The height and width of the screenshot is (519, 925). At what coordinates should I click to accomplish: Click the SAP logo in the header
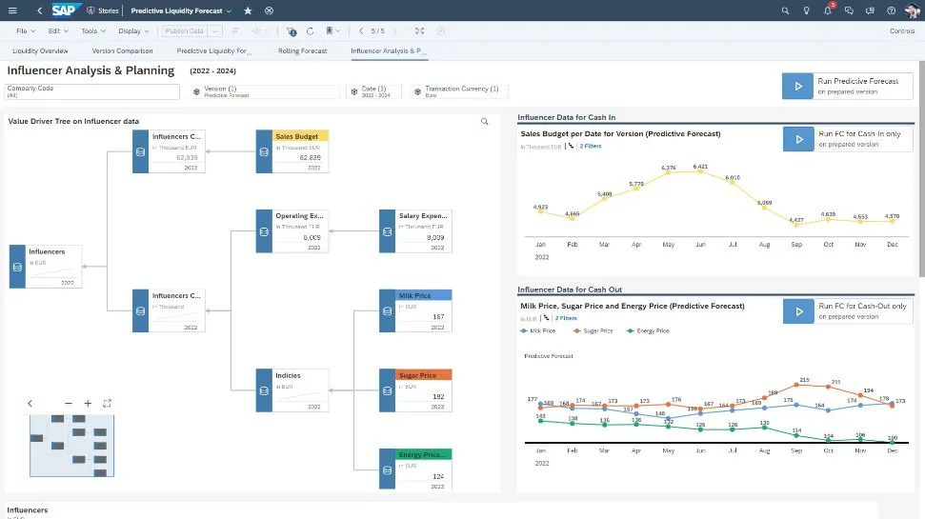click(x=64, y=10)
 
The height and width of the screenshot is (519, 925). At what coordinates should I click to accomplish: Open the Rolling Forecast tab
click(x=302, y=50)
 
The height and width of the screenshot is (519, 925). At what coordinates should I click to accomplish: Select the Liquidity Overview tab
click(x=40, y=50)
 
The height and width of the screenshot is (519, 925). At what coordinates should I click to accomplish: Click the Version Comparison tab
click(x=122, y=50)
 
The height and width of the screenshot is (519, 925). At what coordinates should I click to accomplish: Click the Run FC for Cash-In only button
click(x=847, y=139)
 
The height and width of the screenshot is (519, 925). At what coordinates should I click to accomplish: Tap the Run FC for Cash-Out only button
click(x=847, y=310)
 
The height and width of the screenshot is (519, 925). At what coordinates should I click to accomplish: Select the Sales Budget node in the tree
click(x=300, y=136)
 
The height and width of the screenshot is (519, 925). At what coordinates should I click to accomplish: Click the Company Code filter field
click(x=92, y=91)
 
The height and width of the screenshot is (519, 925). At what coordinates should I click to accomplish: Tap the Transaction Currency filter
click(x=459, y=91)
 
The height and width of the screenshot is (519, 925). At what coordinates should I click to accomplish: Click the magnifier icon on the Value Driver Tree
click(x=484, y=122)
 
